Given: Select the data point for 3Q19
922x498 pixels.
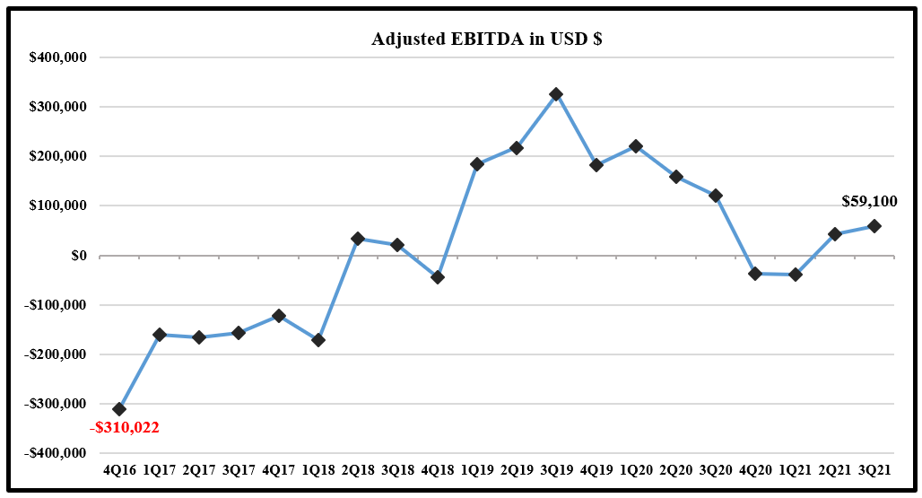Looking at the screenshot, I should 556,94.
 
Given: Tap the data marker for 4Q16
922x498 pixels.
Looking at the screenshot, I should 119,409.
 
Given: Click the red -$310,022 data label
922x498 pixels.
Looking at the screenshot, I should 125,428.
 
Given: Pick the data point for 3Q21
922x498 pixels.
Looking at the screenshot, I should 874,226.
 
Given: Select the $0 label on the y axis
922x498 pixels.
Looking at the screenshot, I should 78,256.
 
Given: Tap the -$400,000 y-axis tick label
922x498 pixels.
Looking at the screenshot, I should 55,453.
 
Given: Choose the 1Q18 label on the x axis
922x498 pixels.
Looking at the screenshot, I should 317,469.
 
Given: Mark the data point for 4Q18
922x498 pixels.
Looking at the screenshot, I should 438,277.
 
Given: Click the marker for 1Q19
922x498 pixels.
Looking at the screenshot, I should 477,164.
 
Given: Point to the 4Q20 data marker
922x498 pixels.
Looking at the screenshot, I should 755,274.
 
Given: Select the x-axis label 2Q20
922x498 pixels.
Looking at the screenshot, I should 675,469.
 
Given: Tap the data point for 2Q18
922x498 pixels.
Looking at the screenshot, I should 358,239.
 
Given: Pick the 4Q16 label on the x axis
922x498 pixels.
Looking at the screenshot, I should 119,469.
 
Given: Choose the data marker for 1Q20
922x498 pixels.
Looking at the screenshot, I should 636,146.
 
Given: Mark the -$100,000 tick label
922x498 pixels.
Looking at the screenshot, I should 55,305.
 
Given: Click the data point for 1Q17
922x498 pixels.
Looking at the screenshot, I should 160,335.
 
